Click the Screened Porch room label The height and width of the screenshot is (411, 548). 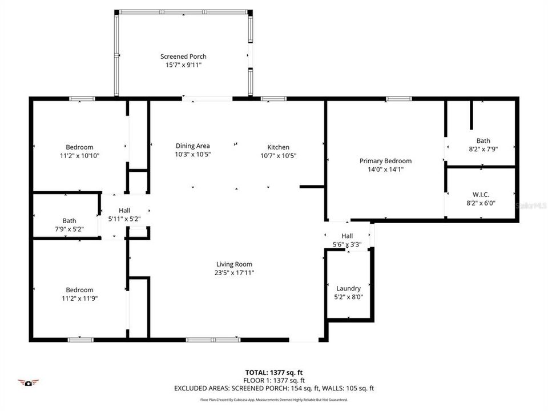pos(183,57)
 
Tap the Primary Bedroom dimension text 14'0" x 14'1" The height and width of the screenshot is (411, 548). pos(385,170)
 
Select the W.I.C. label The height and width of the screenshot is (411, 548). pos(481,195)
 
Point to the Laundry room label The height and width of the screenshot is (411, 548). pos(348,288)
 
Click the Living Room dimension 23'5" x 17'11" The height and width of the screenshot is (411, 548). pos(234,273)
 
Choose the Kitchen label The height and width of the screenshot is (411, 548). pos(279,147)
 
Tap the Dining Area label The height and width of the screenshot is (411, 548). pos(193,146)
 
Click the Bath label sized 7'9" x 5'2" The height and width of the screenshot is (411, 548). pos(69,221)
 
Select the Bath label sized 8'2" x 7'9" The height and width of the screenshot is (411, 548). pos(483,140)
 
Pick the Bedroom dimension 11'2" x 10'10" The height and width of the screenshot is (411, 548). pos(79,155)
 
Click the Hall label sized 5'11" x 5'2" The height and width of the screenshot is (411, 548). pos(124,210)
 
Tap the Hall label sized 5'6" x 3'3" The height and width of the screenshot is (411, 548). pos(347,236)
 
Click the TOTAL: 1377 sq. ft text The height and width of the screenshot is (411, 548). pos(274,372)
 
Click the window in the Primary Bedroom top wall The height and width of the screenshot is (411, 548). pos(398,99)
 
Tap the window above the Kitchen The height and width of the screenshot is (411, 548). pos(273,99)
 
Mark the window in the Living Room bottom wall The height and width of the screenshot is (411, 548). pos(205,340)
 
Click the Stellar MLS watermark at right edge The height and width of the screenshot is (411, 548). pos(531,204)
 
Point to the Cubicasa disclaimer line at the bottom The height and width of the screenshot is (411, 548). pos(274,400)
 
